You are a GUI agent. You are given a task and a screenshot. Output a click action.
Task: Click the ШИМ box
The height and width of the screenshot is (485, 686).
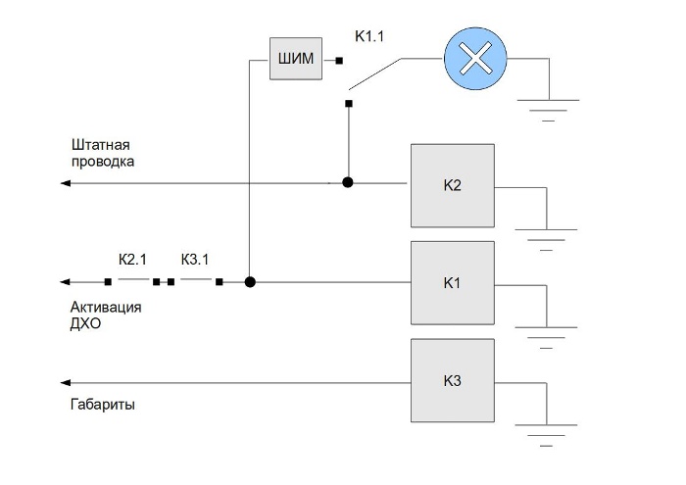[297, 59]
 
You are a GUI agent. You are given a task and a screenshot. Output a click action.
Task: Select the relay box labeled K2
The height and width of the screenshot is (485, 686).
[452, 184]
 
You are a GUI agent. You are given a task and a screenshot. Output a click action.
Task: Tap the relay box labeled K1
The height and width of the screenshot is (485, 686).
[452, 282]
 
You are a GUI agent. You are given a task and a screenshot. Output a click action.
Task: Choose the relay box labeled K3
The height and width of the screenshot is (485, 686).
[452, 380]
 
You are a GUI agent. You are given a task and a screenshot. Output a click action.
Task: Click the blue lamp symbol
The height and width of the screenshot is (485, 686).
[475, 60]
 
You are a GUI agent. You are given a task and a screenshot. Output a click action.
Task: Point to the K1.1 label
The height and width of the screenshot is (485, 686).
[370, 38]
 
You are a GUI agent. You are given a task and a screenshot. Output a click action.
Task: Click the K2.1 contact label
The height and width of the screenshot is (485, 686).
[132, 260]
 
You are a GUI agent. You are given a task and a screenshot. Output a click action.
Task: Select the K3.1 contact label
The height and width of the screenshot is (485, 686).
[195, 260]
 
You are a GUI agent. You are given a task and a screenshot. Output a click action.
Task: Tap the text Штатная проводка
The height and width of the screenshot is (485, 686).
[102, 153]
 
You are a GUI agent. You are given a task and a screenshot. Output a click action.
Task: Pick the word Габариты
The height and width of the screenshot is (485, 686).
[103, 404]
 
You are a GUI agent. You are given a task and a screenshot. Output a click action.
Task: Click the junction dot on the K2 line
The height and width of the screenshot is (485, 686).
[347, 182]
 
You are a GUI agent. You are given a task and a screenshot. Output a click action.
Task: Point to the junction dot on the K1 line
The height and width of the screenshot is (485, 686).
[250, 282]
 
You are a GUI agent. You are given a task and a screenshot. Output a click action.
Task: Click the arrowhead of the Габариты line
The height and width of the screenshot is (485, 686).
[65, 381]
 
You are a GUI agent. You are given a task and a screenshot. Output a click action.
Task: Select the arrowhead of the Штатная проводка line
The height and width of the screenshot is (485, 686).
[65, 183]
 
